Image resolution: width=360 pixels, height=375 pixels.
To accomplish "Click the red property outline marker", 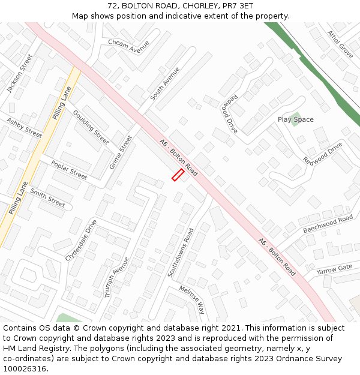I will pos(178,175).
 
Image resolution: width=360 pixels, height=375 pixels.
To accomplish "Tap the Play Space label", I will pos(295,119).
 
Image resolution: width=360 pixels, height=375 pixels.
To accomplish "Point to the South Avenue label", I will pos(165,83).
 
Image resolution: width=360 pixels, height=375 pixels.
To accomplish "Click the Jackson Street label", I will pos(20,73).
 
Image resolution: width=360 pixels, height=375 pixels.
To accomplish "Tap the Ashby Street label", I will pos(24,128).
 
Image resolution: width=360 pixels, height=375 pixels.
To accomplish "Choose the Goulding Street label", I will pos(91,127).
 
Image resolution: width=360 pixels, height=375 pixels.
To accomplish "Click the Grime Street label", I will pos(121,152).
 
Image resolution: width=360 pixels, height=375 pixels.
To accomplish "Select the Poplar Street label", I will pos(69,170).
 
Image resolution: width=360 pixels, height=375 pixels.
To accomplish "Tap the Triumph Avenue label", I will pos(117,278).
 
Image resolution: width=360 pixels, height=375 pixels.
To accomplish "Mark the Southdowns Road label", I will pos(181,253).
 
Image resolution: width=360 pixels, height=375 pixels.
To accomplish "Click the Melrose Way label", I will pos(192,299).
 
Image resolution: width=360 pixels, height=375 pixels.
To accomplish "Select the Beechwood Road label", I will pos(328,224).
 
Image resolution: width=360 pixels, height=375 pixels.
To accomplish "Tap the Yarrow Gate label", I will pos(335,268).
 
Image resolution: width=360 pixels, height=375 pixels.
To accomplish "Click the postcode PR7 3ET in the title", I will pos(239,6).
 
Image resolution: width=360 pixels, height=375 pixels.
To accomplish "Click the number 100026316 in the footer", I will pos(25,369).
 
